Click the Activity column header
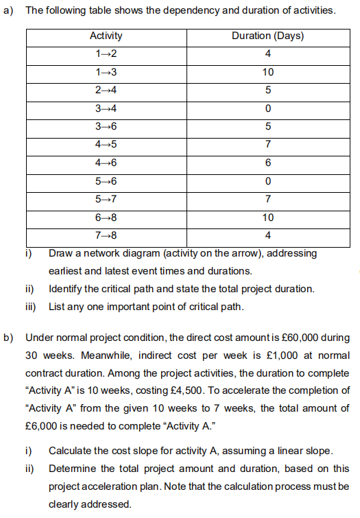pyautogui.click(x=106, y=36)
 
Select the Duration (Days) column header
pyautogui.click(x=267, y=36)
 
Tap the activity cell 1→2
pyautogui.click(x=106, y=54)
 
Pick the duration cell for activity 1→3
pyautogui.click(x=267, y=72)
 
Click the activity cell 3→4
pyautogui.click(x=106, y=108)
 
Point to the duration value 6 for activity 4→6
pyautogui.click(x=267, y=163)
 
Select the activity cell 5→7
pyautogui.click(x=106, y=199)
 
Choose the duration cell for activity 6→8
pyautogui.click(x=267, y=217)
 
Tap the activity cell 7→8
pyautogui.click(x=106, y=235)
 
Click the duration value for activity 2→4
pyautogui.click(x=267, y=91)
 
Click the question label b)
pyautogui.click(x=8, y=338)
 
